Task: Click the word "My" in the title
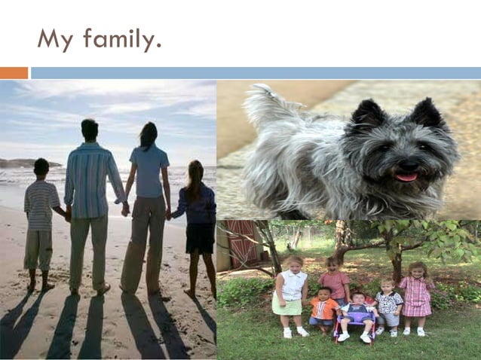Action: click(x=54, y=39)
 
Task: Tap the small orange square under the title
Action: click(x=14, y=73)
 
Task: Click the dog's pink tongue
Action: click(x=406, y=177)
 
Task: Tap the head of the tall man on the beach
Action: click(x=90, y=130)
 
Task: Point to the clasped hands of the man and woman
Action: click(x=126, y=209)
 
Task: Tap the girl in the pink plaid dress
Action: click(x=415, y=294)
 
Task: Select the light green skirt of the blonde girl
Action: click(x=286, y=306)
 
